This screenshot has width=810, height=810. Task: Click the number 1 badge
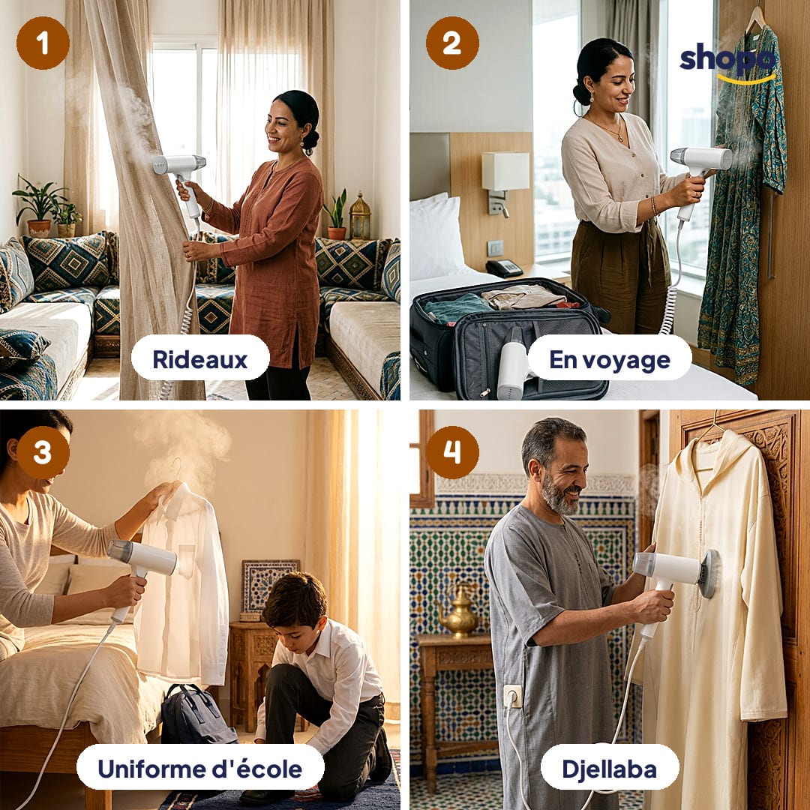tap(43, 43)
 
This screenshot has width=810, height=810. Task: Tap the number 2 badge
tap(452, 43)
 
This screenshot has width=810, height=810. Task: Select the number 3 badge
tap(43, 452)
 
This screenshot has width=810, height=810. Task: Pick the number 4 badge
tap(452, 452)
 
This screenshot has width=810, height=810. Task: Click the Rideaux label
tap(200, 359)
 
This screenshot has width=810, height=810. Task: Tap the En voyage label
tap(610, 359)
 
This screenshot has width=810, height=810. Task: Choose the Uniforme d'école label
tap(200, 768)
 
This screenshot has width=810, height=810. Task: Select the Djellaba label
tap(610, 768)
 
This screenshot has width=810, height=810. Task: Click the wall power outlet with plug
tap(512, 697)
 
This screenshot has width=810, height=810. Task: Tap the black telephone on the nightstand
tap(504, 268)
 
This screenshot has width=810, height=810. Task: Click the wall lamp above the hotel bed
tap(505, 181)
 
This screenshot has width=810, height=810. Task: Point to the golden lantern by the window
tap(359, 217)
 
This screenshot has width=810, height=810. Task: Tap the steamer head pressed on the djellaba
tap(708, 574)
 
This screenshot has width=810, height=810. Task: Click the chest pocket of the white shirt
tap(185, 560)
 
